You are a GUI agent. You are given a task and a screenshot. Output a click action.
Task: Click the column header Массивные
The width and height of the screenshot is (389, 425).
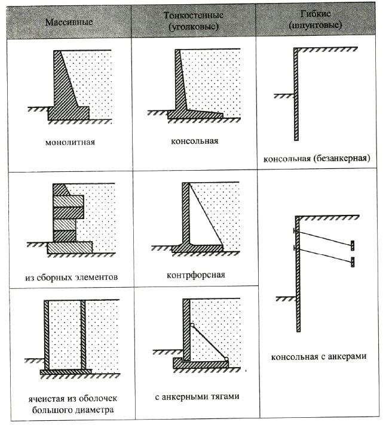coord(68,21)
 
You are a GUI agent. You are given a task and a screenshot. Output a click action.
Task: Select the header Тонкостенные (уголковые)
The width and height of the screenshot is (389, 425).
coord(193,21)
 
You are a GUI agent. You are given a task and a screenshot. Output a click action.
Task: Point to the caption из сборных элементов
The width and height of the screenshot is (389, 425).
coord(71,277)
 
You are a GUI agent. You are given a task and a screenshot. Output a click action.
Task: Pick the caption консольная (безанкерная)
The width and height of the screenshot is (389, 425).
coord(317,159)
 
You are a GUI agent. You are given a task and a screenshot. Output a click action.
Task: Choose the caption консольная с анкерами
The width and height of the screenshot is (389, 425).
coord(318,357)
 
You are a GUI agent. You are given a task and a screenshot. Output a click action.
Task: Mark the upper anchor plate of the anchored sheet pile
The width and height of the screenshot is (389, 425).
coord(353,244)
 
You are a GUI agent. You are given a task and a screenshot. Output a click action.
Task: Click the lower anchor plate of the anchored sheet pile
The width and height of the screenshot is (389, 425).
coord(353,261)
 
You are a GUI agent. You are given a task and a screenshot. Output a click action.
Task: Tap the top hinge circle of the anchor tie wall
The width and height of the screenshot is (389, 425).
coord(192,325)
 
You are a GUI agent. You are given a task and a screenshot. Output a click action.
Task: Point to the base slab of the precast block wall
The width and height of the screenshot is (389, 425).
coord(70,247)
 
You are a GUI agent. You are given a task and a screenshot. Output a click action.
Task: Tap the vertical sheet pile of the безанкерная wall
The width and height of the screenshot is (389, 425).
coord(296,96)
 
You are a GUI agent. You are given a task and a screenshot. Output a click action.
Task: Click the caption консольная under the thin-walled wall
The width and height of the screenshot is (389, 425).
coord(193,141)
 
